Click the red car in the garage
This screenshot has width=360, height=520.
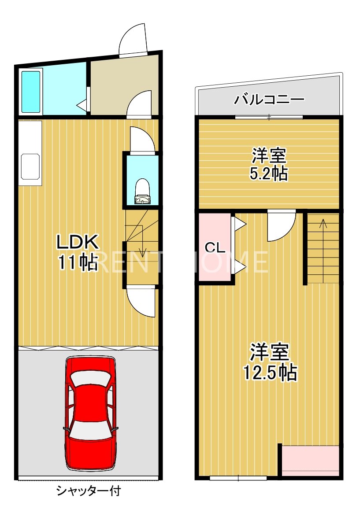point(91,413)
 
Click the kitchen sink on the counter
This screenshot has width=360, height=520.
point(30,166)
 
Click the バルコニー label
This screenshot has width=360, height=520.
point(269,99)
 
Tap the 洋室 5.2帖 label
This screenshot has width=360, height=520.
point(269,164)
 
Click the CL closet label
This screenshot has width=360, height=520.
point(215,247)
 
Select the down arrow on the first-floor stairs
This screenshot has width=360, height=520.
point(142,251)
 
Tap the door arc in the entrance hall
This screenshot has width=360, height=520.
point(139,104)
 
